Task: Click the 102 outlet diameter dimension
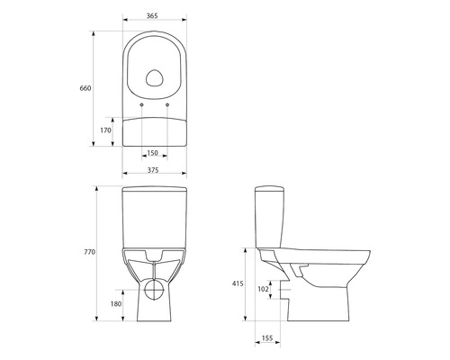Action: [x=262, y=289]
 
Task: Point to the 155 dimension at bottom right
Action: [x=267, y=338]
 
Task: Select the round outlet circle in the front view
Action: [x=156, y=290]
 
